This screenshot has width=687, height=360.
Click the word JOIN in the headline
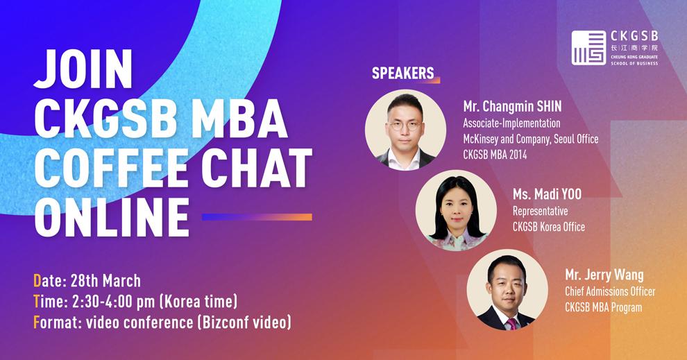tap(83, 69)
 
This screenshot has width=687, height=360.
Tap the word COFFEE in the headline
tap(111, 168)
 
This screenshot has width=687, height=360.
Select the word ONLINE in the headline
tap(112, 218)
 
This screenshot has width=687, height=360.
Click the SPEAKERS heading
tap(402, 73)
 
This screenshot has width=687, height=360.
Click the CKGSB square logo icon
tap(588, 48)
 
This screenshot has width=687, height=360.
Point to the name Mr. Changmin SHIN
tap(512, 106)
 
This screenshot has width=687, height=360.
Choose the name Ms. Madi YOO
tap(548, 194)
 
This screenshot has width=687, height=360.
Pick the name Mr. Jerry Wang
tap(604, 275)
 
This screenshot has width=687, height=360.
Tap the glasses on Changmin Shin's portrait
tap(405, 126)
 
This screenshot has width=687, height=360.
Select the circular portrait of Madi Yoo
tap(456, 210)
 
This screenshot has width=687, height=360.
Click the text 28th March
tap(105, 281)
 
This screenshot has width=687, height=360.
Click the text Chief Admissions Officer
tap(610, 291)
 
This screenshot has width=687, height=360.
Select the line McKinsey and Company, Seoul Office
tap(531, 139)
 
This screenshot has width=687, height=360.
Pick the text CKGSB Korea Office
tap(549, 227)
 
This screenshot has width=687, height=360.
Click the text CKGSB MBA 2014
tap(495, 155)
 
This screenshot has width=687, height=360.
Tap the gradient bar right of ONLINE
tap(257, 217)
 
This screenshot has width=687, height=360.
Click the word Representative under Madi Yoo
tap(540, 211)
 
